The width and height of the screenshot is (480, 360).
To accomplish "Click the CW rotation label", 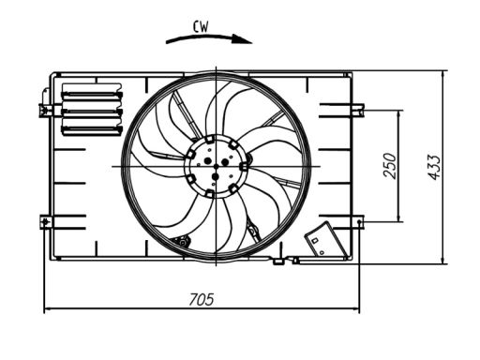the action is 201,27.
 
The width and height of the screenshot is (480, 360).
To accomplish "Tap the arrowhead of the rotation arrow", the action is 242,39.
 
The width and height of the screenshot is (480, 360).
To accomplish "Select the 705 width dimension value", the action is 202,299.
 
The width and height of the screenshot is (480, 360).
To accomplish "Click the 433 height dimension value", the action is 434,167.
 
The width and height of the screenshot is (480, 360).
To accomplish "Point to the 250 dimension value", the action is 390,166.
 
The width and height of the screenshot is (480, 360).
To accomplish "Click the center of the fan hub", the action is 216,166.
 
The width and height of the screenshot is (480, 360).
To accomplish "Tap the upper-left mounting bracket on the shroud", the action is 45,110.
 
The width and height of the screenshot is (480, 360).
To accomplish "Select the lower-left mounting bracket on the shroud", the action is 46,221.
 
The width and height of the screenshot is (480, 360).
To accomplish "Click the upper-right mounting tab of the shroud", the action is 357,110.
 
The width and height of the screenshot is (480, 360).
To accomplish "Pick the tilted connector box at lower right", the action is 325,240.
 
